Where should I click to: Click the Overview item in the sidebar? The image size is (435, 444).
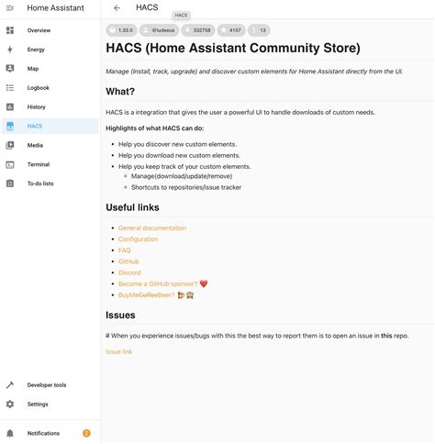[x=39, y=30]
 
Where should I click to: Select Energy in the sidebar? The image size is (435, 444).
[x=37, y=50]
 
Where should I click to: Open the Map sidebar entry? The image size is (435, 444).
[x=33, y=69]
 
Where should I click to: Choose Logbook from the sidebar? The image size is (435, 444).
[x=39, y=88]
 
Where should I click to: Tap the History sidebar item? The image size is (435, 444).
[x=37, y=107]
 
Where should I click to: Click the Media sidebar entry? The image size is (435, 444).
[x=35, y=145]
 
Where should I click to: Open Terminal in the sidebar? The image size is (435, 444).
[x=39, y=164]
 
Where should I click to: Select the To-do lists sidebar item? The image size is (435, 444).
[x=40, y=183]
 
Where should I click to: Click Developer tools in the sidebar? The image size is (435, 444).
[x=46, y=385]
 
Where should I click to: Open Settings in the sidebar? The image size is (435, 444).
[x=38, y=405]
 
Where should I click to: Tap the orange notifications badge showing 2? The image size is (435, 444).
[x=86, y=433]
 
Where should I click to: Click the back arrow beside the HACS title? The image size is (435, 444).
[x=117, y=8]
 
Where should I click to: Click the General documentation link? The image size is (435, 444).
[x=151, y=228]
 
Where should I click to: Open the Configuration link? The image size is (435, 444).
[x=138, y=239]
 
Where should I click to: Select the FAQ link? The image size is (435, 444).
[x=124, y=250]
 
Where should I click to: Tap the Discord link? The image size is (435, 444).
[x=129, y=272]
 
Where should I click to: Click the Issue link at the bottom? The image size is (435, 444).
[x=118, y=351]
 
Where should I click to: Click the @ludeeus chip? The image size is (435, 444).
[x=160, y=30]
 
